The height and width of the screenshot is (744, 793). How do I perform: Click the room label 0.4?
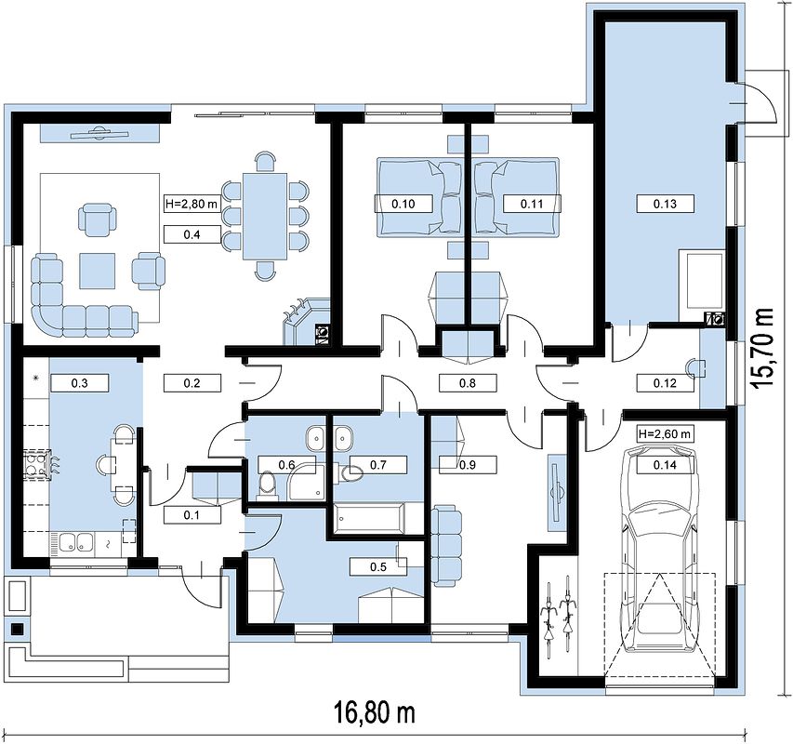[x=192, y=234]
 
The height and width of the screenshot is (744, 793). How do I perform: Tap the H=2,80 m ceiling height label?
[x=192, y=204]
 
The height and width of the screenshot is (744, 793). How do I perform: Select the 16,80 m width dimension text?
[x=375, y=712]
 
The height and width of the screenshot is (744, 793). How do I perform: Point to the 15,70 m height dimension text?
[x=762, y=349]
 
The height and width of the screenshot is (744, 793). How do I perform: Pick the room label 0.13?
[x=665, y=204]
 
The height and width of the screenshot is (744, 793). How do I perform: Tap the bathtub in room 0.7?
[x=371, y=517]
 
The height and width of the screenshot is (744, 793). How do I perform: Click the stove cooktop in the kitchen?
[x=36, y=465]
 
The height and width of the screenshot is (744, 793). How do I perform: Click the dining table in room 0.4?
[x=265, y=217]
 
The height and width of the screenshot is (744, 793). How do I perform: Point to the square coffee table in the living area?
[x=97, y=272]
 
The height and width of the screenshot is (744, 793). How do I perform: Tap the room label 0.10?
[x=403, y=204]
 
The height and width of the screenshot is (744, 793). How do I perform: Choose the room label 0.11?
[x=532, y=204]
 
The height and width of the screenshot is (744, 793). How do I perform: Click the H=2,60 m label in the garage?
[x=665, y=433]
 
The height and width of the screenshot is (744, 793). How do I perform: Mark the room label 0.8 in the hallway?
[x=468, y=383]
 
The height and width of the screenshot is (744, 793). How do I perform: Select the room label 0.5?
[x=378, y=566]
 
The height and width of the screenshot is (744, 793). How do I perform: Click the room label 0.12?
[x=665, y=383]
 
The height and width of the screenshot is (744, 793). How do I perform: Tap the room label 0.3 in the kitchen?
[x=79, y=383]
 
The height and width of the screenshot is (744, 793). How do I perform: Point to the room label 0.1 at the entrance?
[x=192, y=515]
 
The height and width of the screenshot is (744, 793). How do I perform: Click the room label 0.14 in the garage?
[x=665, y=464]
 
